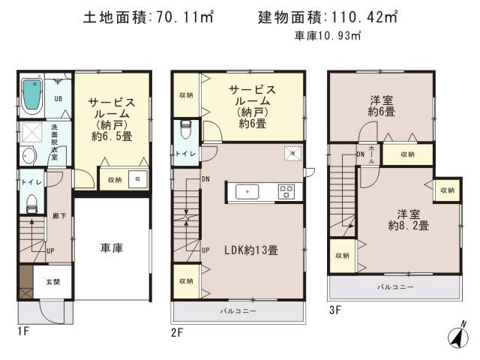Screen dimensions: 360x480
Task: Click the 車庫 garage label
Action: click(112, 248)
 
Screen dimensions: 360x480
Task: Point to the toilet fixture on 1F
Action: click(31, 203)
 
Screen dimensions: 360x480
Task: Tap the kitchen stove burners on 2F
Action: click(286, 191)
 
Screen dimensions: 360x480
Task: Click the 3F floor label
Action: click(334, 308)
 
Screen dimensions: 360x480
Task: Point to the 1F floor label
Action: click(25, 330)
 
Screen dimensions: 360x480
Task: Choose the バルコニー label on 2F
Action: click(238, 310)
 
